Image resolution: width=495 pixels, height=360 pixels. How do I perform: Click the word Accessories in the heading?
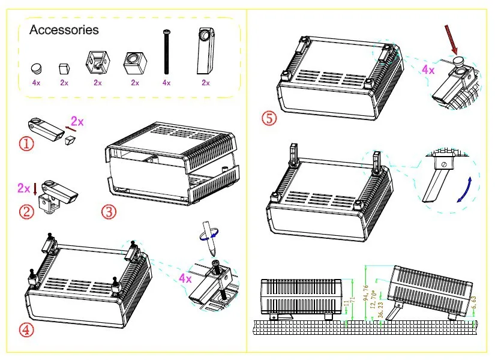(x=64, y=30)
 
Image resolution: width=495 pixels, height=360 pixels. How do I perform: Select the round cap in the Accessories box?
(x=37, y=67)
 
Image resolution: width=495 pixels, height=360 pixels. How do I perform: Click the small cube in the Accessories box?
(x=64, y=68)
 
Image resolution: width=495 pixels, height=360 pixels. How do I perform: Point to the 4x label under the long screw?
(x=166, y=83)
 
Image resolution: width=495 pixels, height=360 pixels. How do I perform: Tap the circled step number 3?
(x=109, y=211)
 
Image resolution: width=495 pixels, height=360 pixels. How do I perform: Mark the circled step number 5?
(x=269, y=118)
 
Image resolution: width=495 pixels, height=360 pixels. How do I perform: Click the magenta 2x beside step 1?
(x=77, y=121)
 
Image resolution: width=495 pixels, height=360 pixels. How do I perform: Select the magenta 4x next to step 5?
(x=428, y=70)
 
